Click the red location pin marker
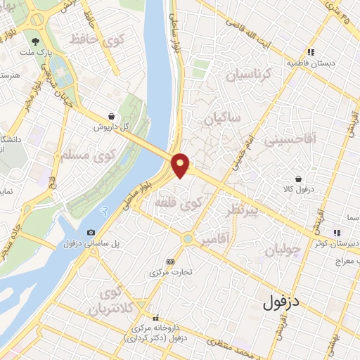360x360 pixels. [181, 165]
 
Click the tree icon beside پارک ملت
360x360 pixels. [35, 41]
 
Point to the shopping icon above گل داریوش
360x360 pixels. [112, 117]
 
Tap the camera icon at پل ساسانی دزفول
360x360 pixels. [91, 233]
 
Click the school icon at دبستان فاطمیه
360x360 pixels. [310, 52]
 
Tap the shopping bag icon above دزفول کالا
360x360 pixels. [300, 179]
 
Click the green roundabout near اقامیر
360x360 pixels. [187, 239]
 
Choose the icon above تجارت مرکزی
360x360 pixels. [170, 261]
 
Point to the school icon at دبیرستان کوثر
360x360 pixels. [337, 232]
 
